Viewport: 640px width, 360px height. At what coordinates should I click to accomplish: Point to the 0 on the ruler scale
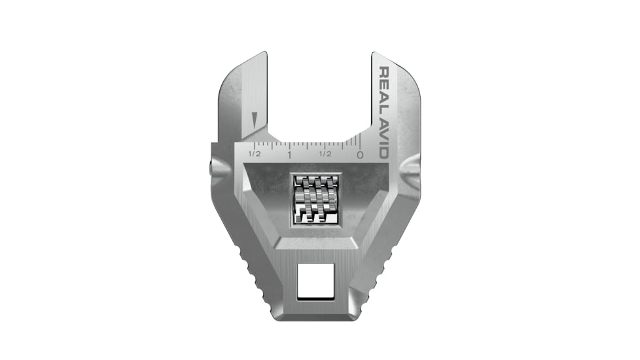tap(360, 155)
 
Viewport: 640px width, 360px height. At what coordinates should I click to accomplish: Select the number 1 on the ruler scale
tap(289, 155)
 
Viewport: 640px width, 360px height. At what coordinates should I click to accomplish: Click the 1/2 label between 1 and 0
tap(325, 154)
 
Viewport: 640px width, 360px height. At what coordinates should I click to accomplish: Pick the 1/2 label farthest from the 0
tap(255, 154)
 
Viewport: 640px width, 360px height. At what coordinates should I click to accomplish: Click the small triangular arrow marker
tap(255, 120)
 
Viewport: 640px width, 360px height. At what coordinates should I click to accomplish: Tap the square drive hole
tap(313, 280)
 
